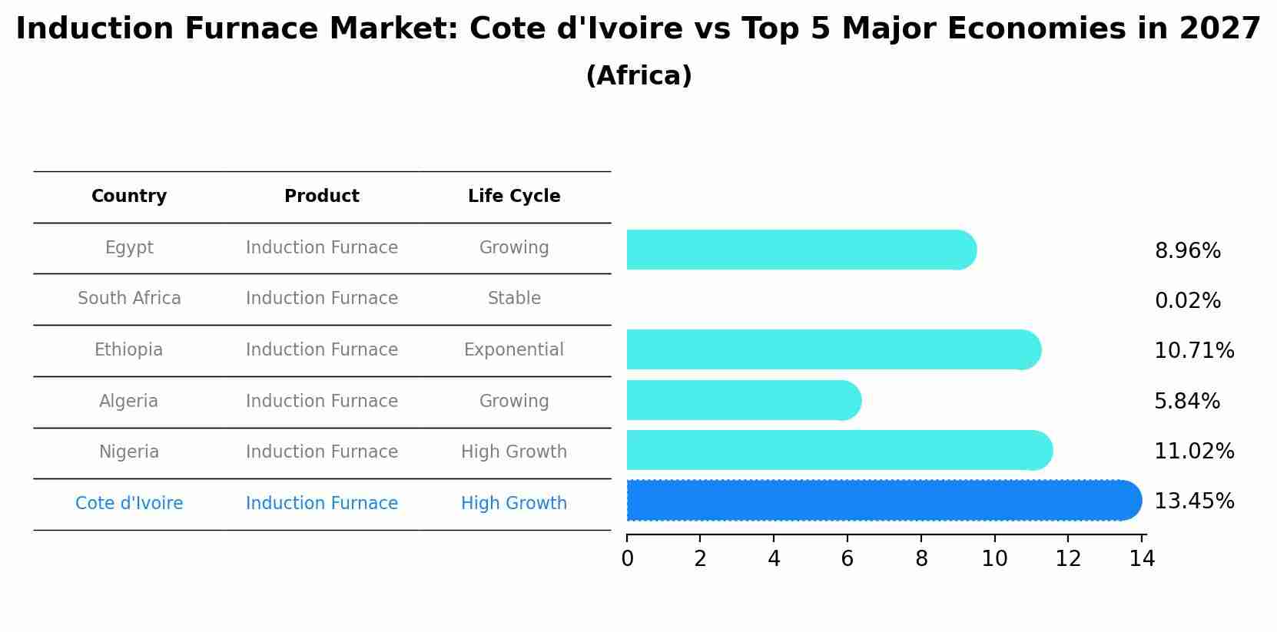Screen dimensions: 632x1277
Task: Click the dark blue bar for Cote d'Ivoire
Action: coord(884,501)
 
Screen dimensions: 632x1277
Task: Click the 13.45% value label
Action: coord(1194,501)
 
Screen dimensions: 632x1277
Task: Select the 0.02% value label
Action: coord(1187,301)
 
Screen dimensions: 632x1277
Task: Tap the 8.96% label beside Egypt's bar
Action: coord(1187,251)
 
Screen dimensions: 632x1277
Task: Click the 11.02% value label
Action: coord(1194,452)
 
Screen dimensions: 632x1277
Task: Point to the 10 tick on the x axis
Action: coord(994,559)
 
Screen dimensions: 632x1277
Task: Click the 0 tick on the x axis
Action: coord(627,559)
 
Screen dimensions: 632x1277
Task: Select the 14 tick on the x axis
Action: coord(1142,559)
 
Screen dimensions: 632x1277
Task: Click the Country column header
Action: coord(129,197)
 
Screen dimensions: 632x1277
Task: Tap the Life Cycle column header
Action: coord(514,197)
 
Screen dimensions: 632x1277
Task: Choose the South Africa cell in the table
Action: coord(129,299)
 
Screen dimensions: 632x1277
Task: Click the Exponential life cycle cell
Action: coord(513,350)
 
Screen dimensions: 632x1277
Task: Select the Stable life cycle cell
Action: coord(514,299)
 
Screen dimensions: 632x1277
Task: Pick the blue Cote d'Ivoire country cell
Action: coord(129,504)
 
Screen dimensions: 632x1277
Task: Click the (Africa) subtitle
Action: coord(638,76)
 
